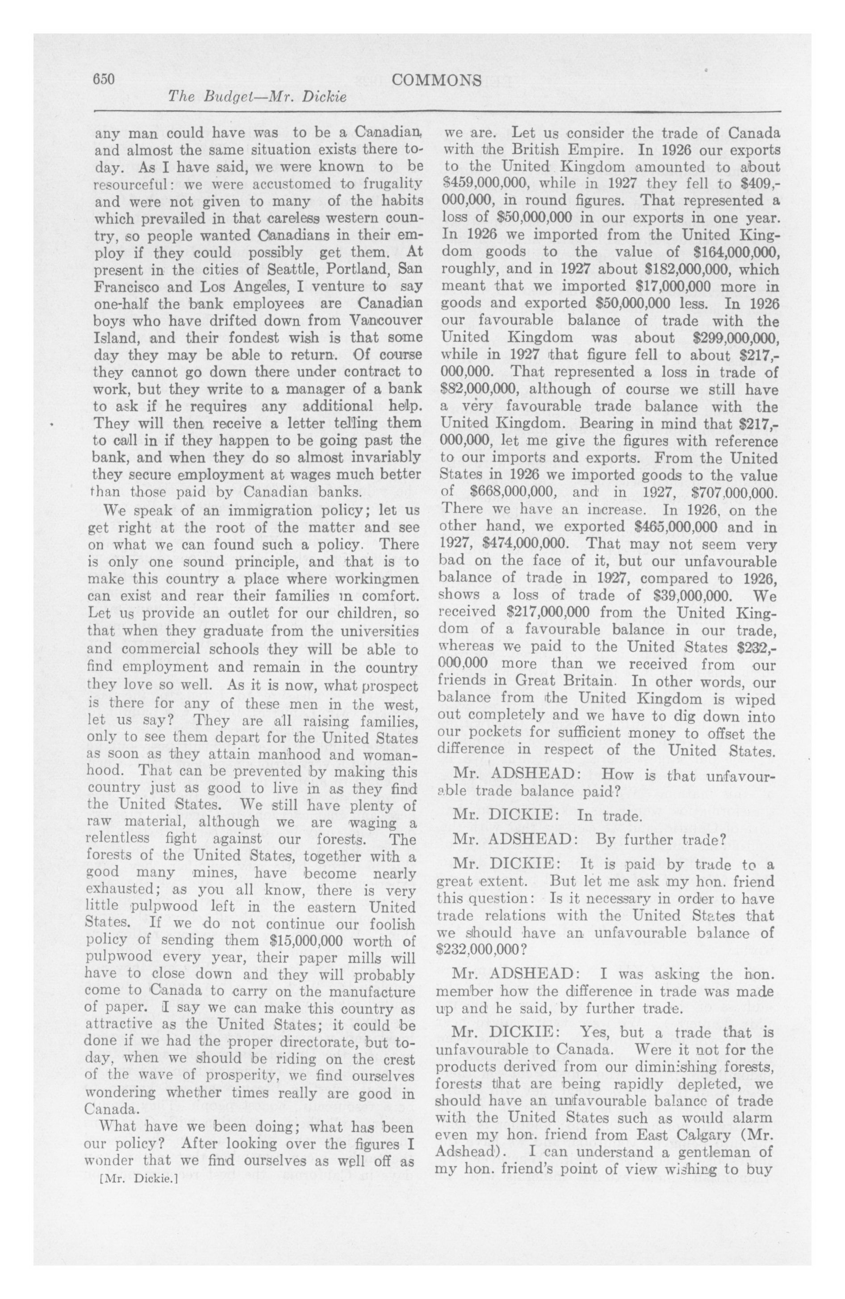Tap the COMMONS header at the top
point(437,81)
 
